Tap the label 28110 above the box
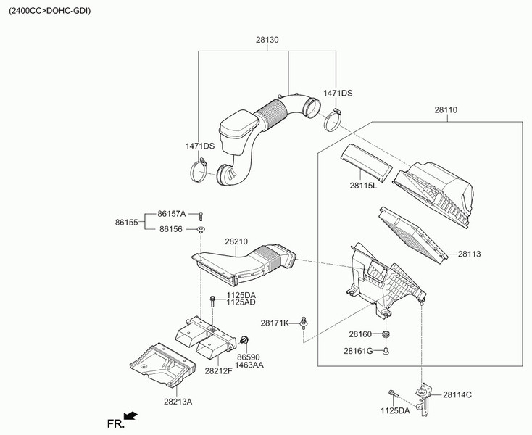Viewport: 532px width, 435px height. [446, 111]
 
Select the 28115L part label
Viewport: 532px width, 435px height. [363, 186]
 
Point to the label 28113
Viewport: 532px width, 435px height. [470, 254]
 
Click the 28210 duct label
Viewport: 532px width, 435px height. [236, 241]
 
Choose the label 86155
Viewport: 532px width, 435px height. [127, 222]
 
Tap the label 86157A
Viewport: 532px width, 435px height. [172, 214]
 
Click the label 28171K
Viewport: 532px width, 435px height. [275, 323]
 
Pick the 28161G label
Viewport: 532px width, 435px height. [358, 351]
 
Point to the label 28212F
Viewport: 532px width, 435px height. [217, 370]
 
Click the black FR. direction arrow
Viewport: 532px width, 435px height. [130, 415]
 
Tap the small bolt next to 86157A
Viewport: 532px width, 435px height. [201, 215]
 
